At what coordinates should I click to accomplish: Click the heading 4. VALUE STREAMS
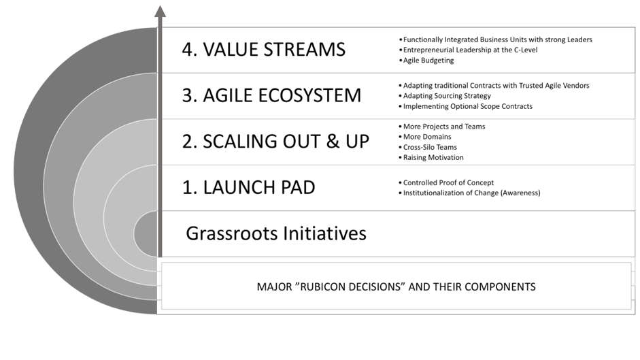coord(264,50)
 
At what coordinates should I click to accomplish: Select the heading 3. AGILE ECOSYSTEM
coord(271,95)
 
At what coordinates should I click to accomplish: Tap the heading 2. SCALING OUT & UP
coord(275,142)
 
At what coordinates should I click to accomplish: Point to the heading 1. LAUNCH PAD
coord(248,187)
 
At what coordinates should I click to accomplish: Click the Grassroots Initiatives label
coord(276,233)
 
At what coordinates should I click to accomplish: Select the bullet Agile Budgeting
coord(426,61)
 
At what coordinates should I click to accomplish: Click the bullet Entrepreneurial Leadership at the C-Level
coord(468,50)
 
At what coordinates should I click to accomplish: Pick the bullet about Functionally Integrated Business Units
coord(495,39)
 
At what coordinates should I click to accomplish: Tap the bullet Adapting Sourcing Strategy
coord(445,96)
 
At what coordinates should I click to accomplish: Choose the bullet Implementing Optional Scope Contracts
coord(465,106)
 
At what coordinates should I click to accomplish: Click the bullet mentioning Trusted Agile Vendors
coord(494,85)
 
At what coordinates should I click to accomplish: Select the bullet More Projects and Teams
coord(441,127)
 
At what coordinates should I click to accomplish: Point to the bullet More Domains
coord(425,137)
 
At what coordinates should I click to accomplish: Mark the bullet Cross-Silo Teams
coord(428,147)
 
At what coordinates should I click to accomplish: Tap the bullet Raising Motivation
coord(431,157)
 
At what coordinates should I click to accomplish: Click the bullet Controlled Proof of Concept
coord(446,182)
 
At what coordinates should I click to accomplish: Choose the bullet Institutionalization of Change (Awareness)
coord(469,193)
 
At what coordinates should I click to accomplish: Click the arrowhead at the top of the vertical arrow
coord(160,11)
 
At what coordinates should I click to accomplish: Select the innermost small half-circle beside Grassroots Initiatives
coord(146,233)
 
